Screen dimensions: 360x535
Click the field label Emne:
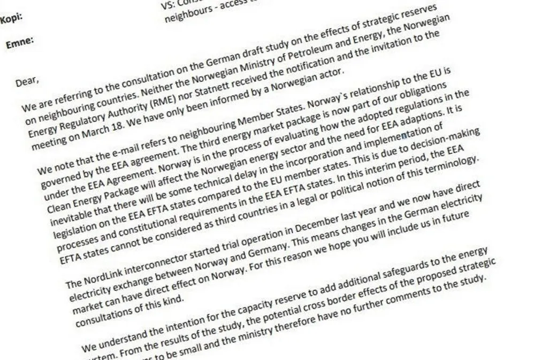coord(20,43)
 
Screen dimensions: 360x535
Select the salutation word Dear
coord(27,82)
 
